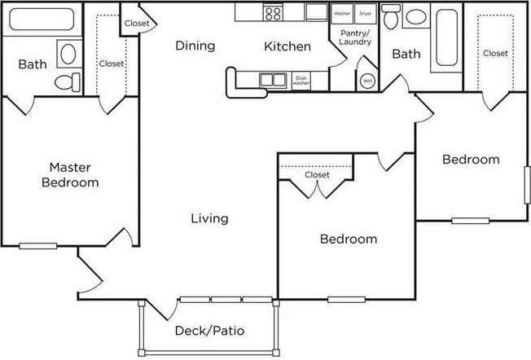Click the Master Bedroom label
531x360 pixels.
tap(70, 175)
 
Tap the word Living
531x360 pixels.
tap(209, 218)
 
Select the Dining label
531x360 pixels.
tap(195, 46)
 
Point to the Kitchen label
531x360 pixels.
tap(287, 46)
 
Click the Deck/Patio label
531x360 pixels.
tap(209, 331)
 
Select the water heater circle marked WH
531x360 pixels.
tap(366, 81)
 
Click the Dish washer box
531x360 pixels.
tap(301, 81)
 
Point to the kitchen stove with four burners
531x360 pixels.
tap(271, 12)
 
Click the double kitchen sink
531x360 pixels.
tap(272, 79)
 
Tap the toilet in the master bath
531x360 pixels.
tap(66, 81)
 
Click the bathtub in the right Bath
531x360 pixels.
tap(447, 38)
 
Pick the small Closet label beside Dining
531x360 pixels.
tap(137, 24)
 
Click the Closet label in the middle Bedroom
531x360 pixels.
tap(317, 175)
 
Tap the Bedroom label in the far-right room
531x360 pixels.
tap(471, 160)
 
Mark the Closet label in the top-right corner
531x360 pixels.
tap(495, 53)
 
